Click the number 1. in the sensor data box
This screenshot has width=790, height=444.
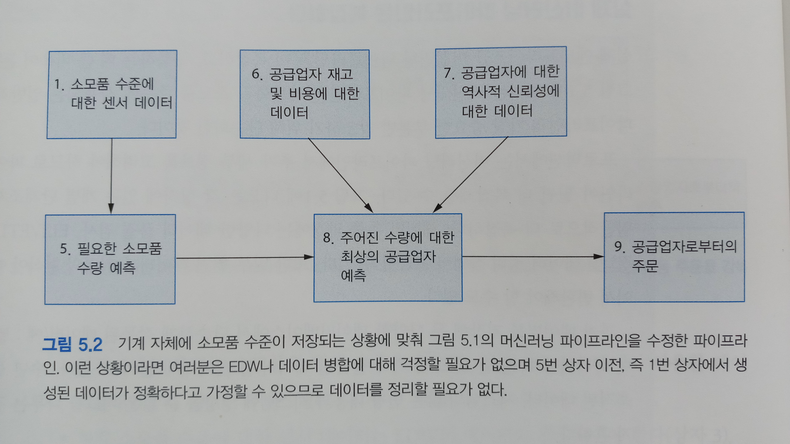pyautogui.click(x=59, y=84)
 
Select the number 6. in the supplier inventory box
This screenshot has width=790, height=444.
pyautogui.click(x=257, y=74)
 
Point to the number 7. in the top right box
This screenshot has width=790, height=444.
pyautogui.click(x=449, y=73)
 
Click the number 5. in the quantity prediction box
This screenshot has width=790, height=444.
pyautogui.click(x=65, y=249)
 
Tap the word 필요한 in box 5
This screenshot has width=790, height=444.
pyautogui.click(x=96, y=249)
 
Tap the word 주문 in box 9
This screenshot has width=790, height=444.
pyautogui.click(x=645, y=266)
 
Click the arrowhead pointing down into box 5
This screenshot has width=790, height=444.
pyautogui.click(x=111, y=209)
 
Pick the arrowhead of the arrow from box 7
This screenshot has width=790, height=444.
pyautogui.click(x=437, y=208)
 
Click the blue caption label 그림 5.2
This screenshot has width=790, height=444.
pyautogui.click(x=72, y=344)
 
